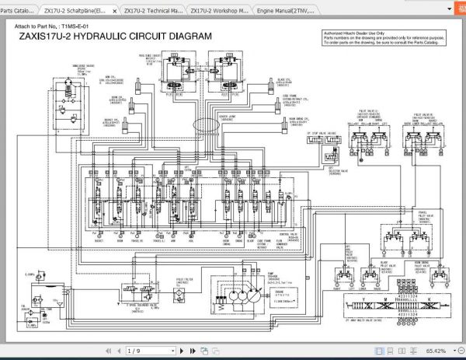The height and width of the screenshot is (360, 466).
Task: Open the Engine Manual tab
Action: tap(286, 12)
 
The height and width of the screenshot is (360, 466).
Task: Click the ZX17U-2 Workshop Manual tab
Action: tap(219, 12)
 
